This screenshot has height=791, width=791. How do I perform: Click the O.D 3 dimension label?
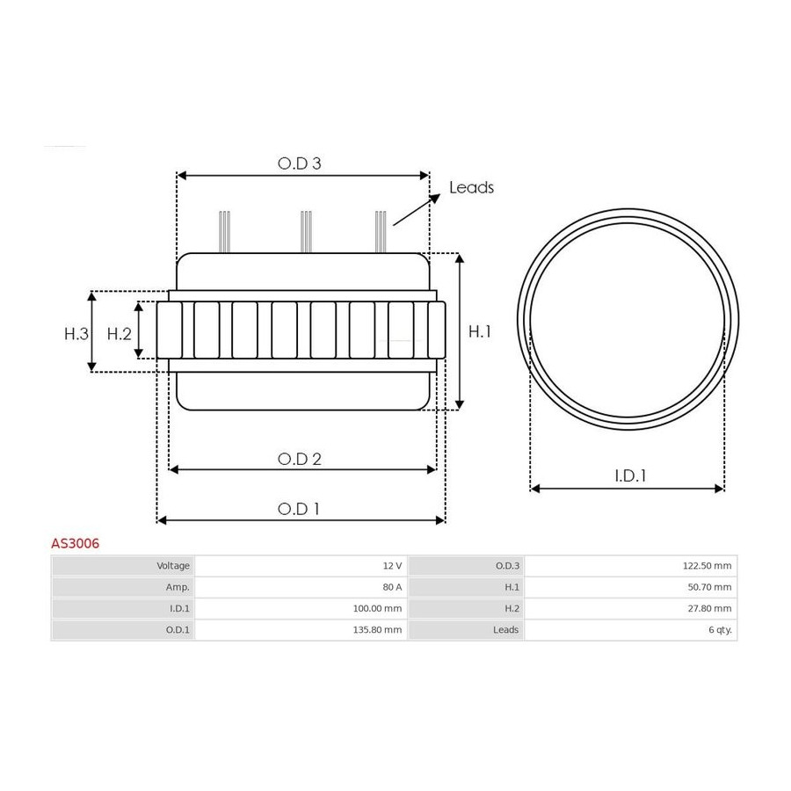pyautogui.click(x=299, y=163)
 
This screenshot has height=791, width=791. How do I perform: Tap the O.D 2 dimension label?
pyautogui.click(x=299, y=459)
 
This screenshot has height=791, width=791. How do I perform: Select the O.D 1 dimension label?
pyautogui.click(x=299, y=509)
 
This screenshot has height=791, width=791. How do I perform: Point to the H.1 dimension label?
pyautogui.click(x=479, y=331)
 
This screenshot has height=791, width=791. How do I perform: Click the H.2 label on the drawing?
pyautogui.click(x=119, y=333)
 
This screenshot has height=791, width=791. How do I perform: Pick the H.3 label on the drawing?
pyautogui.click(x=76, y=333)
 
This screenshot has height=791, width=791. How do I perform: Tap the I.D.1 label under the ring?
pyautogui.click(x=630, y=475)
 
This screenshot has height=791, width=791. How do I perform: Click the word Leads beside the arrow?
pyautogui.click(x=471, y=187)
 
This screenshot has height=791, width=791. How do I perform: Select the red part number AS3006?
pyautogui.click(x=76, y=543)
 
